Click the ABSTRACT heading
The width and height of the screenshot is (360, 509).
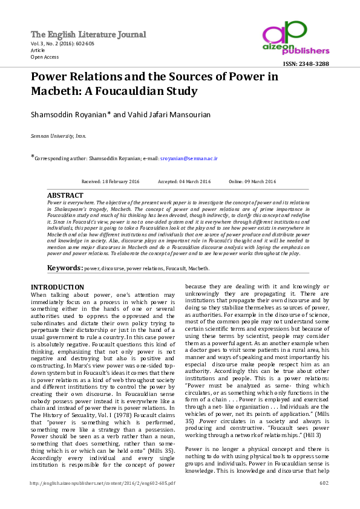point(65,196)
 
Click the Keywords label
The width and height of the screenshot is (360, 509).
point(65,267)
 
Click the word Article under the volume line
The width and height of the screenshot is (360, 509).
point(38,51)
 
